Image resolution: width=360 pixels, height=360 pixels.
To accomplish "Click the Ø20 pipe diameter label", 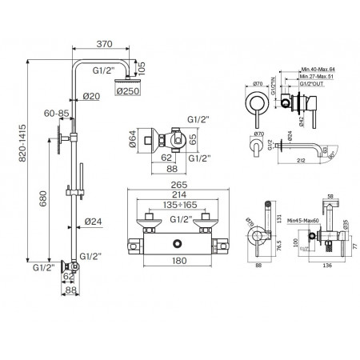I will click(90, 98).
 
